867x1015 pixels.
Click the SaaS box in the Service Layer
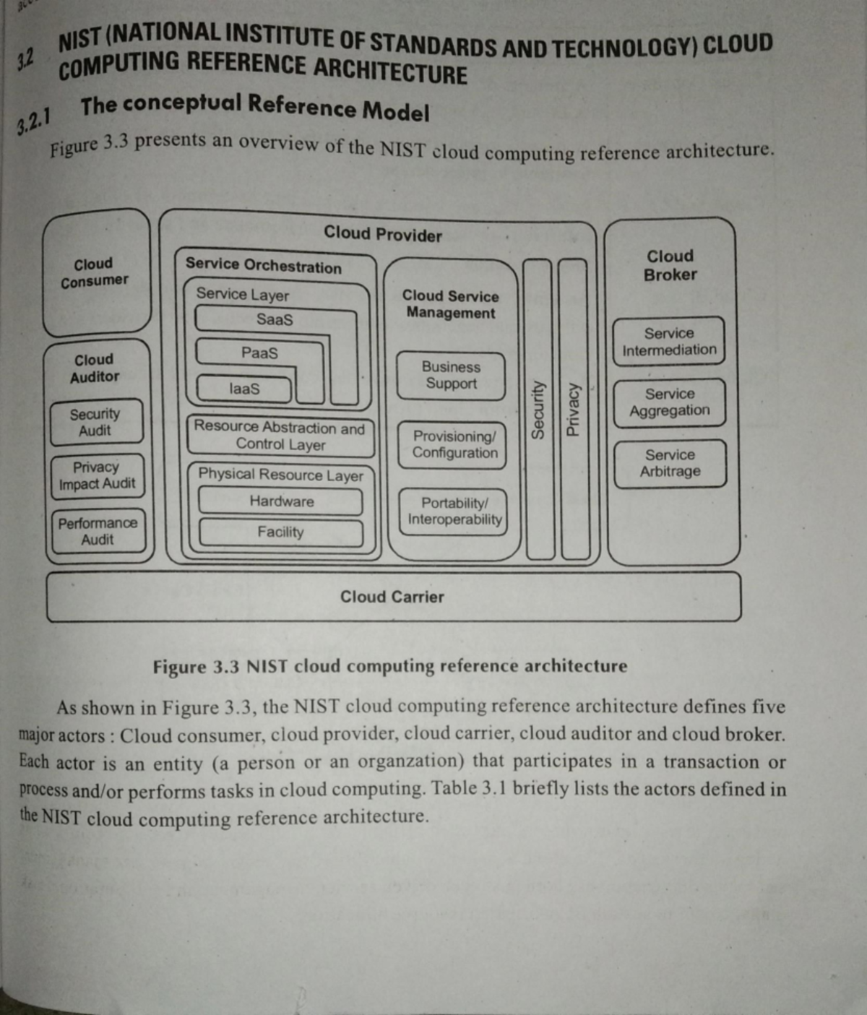click(275, 319)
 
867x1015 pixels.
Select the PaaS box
click(259, 353)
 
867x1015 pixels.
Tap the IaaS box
click(244, 389)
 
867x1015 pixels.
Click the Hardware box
click(281, 501)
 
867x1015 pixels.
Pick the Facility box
click(281, 532)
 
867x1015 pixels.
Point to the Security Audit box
click(96, 423)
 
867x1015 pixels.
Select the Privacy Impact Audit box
click(98, 475)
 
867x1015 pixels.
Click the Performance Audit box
click(98, 531)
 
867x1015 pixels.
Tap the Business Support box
click(451, 375)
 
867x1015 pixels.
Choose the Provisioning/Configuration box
click(452, 444)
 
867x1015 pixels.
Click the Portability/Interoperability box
click(454, 511)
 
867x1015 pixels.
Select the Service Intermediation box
click(669, 341)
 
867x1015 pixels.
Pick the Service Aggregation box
click(670, 402)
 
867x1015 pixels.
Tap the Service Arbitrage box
click(670, 463)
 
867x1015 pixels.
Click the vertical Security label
click(538, 410)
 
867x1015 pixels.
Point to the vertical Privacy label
click(573, 410)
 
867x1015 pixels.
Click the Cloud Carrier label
click(392, 597)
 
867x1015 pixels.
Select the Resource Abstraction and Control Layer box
click(280, 436)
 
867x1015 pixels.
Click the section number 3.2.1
click(34, 121)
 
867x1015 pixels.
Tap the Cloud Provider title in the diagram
click(383, 234)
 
